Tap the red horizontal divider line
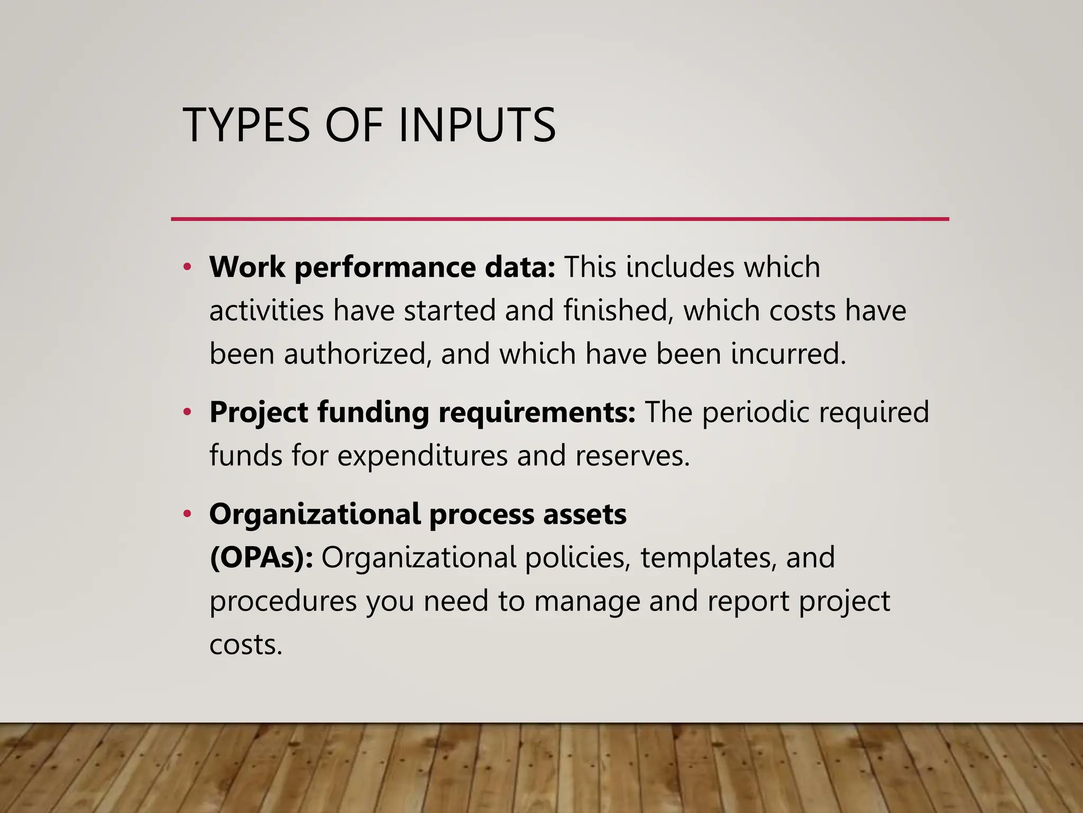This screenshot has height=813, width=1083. click(x=559, y=219)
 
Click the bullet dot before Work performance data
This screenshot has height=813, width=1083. click(x=187, y=267)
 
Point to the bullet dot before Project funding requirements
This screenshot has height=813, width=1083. click(x=187, y=412)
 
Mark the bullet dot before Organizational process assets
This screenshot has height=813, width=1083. click(x=187, y=514)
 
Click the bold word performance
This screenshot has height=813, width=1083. click(x=385, y=267)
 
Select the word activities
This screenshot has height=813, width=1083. click(x=266, y=310)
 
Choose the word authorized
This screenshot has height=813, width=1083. click(x=354, y=354)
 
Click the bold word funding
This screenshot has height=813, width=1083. click(x=373, y=412)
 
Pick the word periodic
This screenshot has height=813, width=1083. click(x=756, y=412)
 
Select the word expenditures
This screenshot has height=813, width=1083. click(x=423, y=456)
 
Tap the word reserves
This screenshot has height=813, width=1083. click(x=632, y=456)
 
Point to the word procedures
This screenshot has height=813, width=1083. click(x=283, y=601)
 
